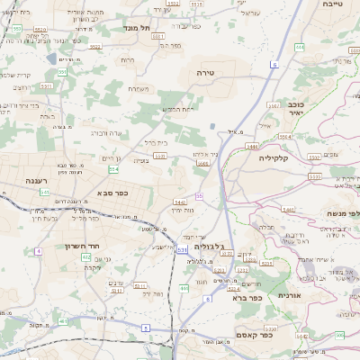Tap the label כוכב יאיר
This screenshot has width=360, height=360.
tap(287, 109)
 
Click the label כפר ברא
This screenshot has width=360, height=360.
tap(246, 297)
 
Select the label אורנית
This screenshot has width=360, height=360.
tap(295, 294)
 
